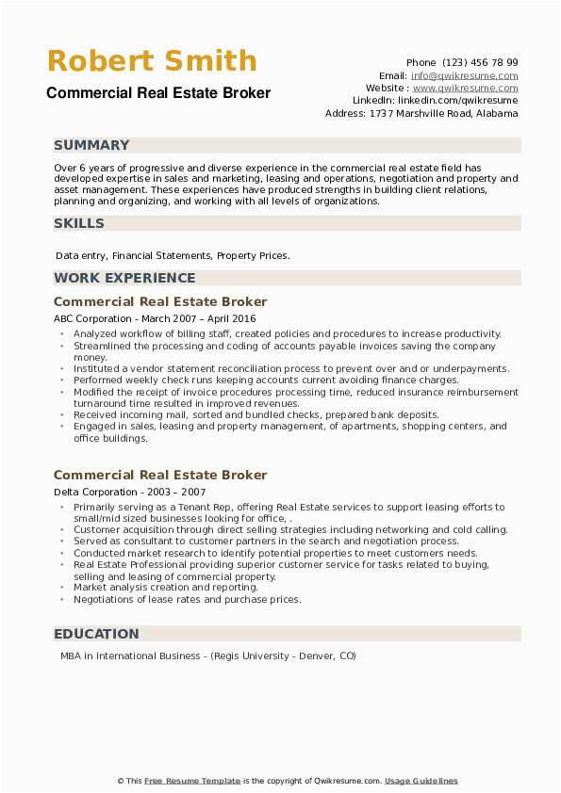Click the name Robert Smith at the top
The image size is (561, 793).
coord(152,62)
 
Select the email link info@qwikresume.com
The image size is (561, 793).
coord(464,75)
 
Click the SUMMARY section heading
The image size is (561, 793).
coord(91,145)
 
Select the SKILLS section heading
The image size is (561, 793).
coord(79,223)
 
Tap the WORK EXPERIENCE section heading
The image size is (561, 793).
coord(124,278)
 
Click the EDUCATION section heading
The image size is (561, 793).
coord(96,634)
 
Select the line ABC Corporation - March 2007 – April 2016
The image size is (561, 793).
coord(155,318)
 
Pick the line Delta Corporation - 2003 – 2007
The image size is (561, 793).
coord(130,492)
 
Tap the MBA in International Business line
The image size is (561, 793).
coord(206,656)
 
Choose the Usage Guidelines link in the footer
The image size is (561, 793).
coord(421,781)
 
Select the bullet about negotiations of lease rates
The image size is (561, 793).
coord(187,599)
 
